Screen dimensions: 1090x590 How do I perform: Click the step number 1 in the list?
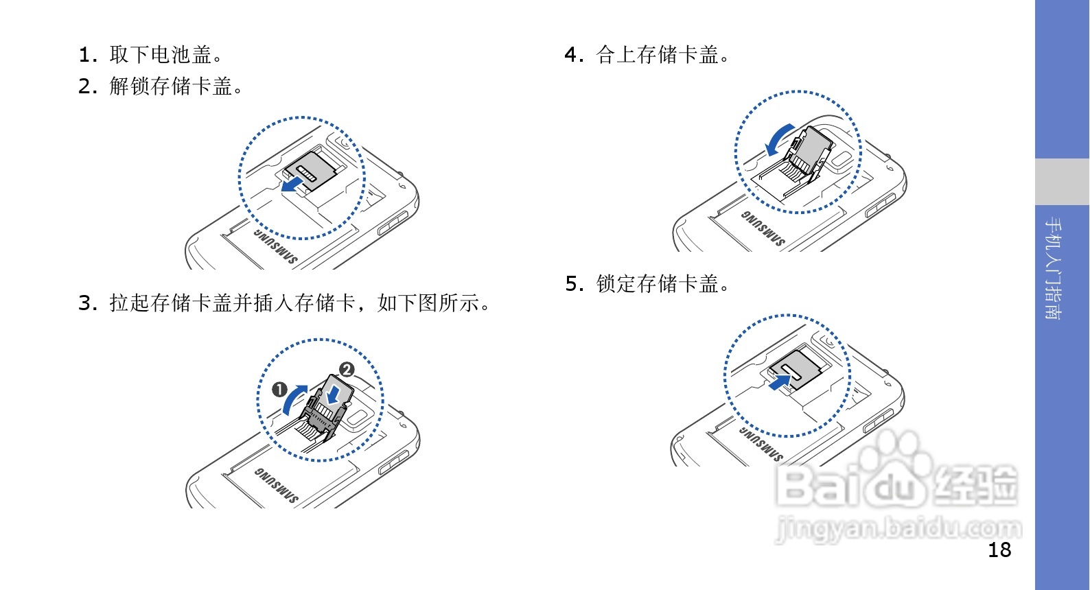(x=84, y=55)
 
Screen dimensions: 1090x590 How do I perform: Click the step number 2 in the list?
(x=85, y=86)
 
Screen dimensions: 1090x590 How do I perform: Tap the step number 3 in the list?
(x=85, y=303)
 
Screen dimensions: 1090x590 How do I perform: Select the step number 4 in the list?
(x=571, y=55)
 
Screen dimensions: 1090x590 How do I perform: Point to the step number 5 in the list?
(x=572, y=284)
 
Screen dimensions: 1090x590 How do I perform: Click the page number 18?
(x=999, y=550)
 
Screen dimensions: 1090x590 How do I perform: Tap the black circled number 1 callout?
(x=279, y=390)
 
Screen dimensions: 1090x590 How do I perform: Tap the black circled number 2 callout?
(x=347, y=370)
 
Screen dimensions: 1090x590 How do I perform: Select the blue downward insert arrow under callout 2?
(x=334, y=394)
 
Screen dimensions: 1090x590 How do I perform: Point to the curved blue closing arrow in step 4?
(x=778, y=140)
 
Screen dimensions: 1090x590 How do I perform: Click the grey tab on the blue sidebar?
(x=1062, y=182)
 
